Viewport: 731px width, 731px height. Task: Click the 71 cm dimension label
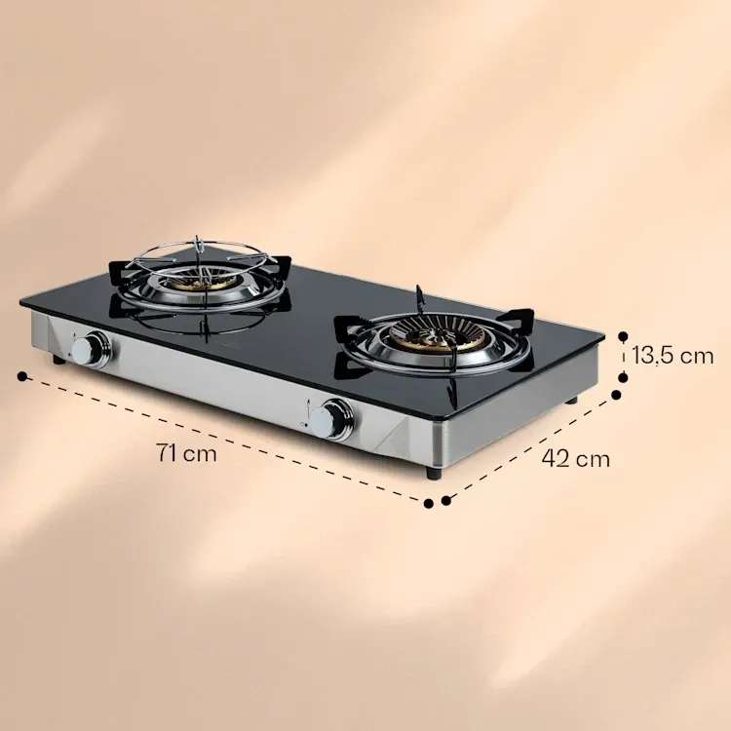click(x=186, y=452)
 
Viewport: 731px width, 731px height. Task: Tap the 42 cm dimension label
click(x=576, y=459)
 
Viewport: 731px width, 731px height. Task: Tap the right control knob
click(x=331, y=419)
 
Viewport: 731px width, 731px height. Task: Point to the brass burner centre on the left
click(x=196, y=284)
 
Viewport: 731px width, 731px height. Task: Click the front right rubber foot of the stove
click(x=434, y=473)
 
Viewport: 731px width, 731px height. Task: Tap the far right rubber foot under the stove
click(x=571, y=400)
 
